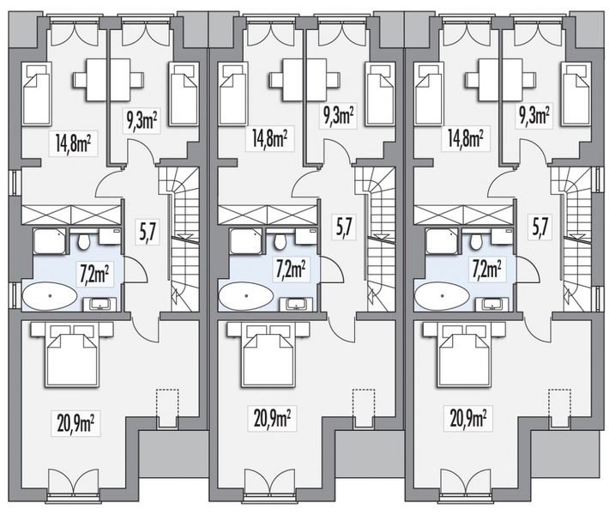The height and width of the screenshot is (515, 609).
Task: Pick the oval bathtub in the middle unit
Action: point(245,297)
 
